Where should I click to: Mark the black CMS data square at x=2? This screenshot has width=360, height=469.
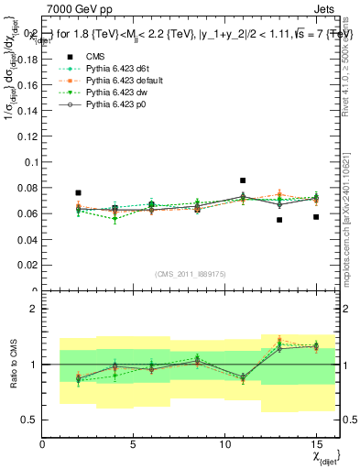(79, 193)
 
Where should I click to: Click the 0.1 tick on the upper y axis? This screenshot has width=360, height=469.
(28, 162)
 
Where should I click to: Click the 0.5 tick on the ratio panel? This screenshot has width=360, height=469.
(29, 420)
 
